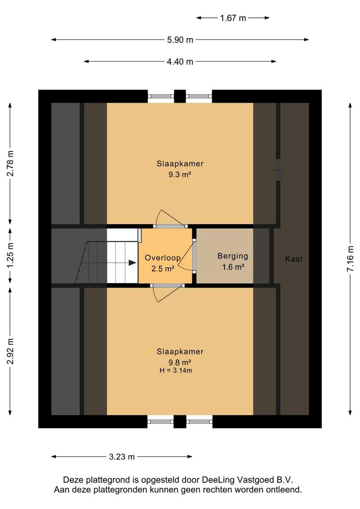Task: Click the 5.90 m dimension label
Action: point(180,40)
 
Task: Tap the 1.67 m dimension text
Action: point(233,18)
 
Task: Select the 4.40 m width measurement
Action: point(180,62)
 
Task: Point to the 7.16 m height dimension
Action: point(351,259)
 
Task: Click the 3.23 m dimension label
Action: point(122,457)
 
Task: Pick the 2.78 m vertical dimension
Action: point(10,163)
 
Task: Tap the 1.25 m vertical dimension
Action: point(10,255)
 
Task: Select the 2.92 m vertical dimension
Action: point(10,351)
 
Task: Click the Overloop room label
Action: point(163,258)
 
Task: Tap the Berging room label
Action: point(233,256)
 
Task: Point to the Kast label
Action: point(294,259)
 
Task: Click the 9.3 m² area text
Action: point(180,175)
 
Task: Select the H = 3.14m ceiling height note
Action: point(176,370)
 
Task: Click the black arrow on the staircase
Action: point(132,263)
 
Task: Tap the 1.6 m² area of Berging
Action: point(233,267)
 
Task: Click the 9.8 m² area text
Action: point(180,362)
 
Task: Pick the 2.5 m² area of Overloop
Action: point(163,269)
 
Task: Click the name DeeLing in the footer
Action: point(219,480)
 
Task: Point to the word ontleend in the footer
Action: point(286,490)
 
